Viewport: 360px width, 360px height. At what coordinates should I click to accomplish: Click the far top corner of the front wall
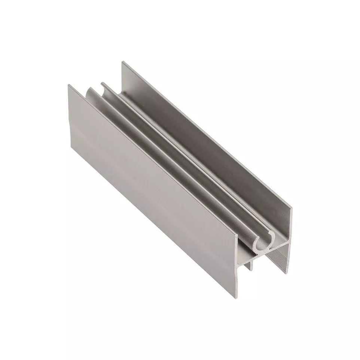68,85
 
